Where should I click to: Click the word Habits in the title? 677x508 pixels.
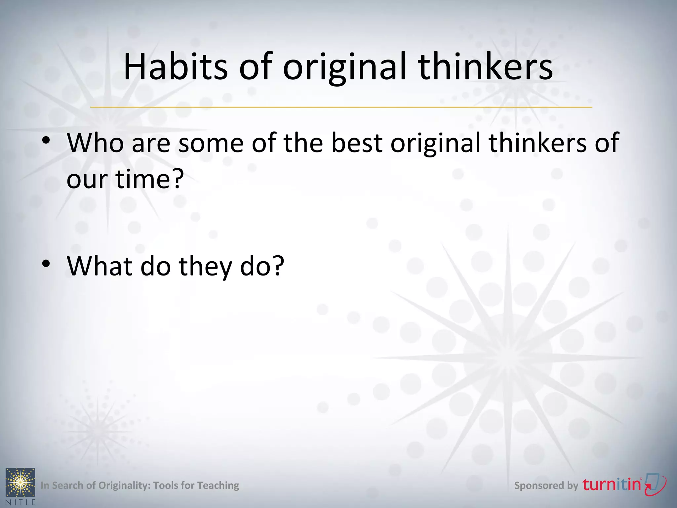point(176,67)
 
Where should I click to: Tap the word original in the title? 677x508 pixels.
point(344,67)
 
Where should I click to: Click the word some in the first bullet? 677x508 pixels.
point(211,143)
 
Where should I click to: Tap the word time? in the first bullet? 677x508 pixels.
point(149,179)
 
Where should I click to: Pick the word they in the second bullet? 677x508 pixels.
point(205,266)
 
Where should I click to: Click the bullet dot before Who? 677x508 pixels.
point(46,140)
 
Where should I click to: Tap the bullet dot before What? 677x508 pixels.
point(46,264)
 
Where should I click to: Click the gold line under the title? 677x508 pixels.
point(341,107)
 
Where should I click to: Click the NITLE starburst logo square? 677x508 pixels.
point(20,482)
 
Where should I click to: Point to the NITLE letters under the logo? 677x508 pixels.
point(20,502)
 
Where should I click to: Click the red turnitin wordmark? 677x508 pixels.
point(612,485)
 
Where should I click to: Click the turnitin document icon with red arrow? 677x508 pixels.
point(656,484)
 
